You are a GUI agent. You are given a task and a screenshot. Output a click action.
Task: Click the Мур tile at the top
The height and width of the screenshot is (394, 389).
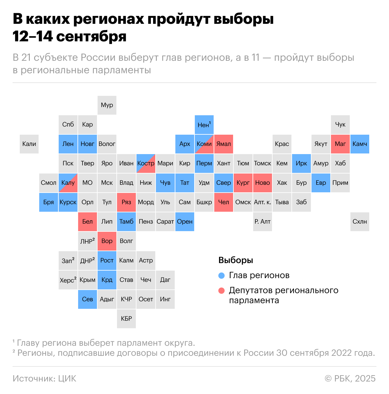(107, 105)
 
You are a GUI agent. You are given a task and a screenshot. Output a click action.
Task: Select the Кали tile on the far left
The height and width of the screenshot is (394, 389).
(29, 144)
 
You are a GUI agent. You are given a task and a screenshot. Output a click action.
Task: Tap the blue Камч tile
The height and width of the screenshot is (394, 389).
(360, 144)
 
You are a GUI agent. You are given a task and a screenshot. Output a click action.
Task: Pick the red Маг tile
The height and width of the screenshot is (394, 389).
(340, 144)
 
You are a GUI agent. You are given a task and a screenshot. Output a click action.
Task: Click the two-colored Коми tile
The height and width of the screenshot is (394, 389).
(204, 144)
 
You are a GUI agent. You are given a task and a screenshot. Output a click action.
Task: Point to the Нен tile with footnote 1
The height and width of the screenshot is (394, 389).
(204, 125)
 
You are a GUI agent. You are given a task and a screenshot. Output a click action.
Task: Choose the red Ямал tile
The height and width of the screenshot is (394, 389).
(224, 144)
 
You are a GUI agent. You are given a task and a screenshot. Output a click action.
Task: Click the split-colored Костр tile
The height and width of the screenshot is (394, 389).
(146, 163)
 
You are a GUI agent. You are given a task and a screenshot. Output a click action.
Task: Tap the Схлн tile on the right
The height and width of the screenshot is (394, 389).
(360, 222)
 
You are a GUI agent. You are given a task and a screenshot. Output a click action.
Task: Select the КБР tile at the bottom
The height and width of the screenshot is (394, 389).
(126, 319)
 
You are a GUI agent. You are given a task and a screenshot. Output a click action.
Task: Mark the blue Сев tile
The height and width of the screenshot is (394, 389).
(88, 299)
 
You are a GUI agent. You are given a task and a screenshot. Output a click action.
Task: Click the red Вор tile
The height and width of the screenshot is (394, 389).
(107, 241)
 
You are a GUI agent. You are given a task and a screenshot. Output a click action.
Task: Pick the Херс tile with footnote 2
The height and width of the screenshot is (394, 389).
(68, 280)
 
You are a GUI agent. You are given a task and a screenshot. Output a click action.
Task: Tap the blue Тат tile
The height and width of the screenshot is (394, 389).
(185, 183)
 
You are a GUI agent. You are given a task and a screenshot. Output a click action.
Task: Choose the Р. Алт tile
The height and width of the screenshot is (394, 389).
(263, 222)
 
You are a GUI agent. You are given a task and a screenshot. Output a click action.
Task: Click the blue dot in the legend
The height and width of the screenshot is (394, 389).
(221, 276)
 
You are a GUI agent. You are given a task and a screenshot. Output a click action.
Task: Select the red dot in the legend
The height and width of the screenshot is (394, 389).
(221, 291)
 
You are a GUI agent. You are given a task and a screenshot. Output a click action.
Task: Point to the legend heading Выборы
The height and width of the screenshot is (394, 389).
(236, 260)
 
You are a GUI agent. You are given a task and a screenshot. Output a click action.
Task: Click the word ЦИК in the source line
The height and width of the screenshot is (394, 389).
(67, 379)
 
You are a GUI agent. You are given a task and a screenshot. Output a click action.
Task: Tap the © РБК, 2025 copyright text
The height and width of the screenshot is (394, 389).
(350, 379)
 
